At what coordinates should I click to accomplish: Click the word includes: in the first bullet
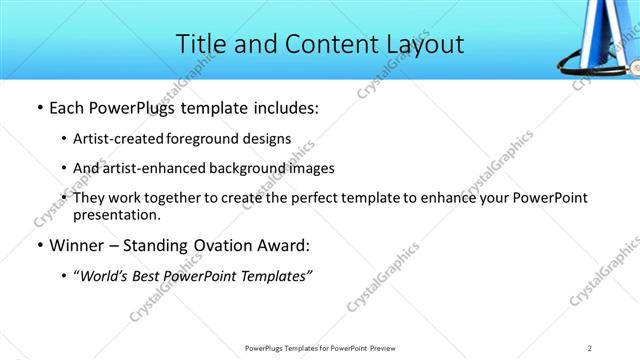pyautogui.click(x=284, y=109)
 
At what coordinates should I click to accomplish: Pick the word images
pyautogui.click(x=310, y=168)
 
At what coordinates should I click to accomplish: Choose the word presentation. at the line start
pyautogui.click(x=116, y=214)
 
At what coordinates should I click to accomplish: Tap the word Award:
pyautogui.click(x=288, y=246)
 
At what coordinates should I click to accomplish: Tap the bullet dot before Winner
pyautogui.click(x=38, y=246)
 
